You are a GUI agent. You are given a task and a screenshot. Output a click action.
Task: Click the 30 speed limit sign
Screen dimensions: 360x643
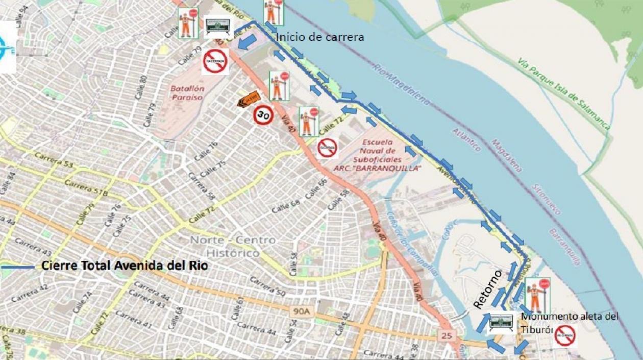coord(263,115)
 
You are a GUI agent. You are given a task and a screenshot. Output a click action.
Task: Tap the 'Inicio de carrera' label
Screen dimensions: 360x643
coord(320,37)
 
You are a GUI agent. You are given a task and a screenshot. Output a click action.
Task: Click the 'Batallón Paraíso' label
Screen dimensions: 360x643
coord(187,92)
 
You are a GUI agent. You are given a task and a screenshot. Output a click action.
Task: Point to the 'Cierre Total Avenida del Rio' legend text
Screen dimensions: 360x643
coord(125,266)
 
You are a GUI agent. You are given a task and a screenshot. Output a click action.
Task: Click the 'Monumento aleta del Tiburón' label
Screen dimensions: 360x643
coord(568,323)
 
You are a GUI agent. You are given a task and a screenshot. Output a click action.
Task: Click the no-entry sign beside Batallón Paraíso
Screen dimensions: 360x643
coord(215,61)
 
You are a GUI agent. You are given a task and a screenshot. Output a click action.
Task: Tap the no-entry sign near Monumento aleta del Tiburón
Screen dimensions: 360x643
coord(565,336)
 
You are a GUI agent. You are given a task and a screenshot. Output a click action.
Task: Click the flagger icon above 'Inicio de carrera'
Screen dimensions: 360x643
coord(274,12)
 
